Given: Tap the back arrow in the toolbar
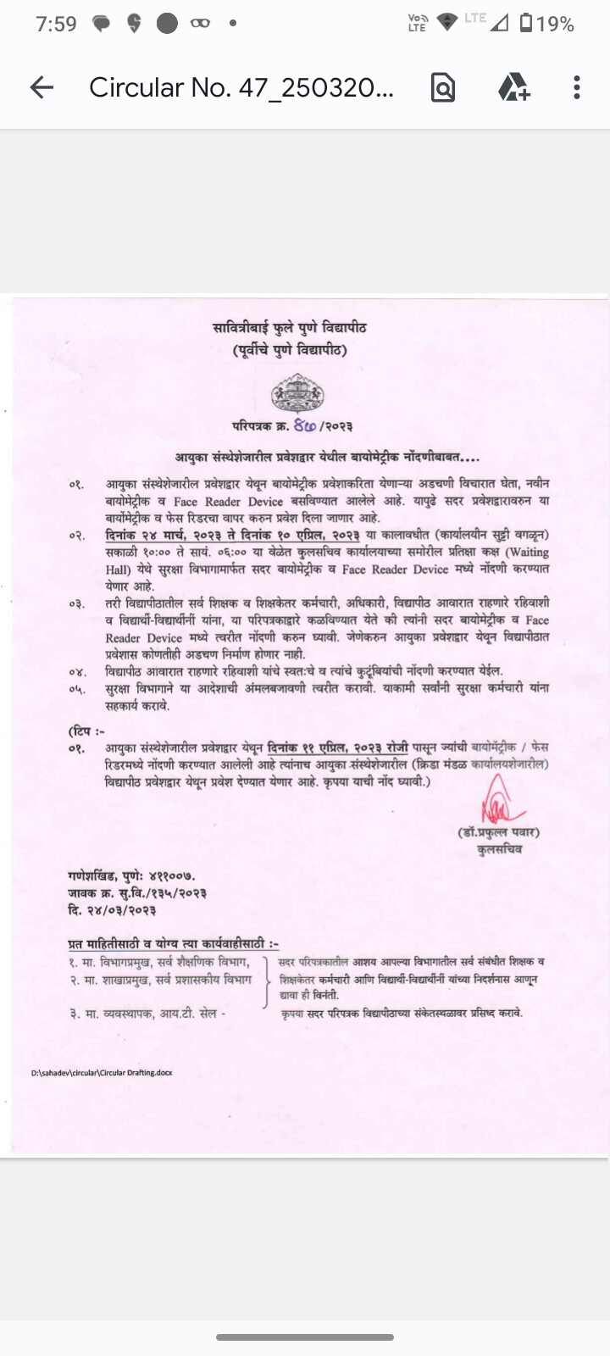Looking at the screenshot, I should (42, 87).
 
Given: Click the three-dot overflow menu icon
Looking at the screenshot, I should (576, 87).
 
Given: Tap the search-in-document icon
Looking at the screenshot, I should (443, 87).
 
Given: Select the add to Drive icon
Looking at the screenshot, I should (513, 87).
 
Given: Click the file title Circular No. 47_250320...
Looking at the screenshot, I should (241, 87).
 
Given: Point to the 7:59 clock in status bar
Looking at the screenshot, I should (56, 24).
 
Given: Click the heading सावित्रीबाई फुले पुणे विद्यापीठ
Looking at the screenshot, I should (290, 328).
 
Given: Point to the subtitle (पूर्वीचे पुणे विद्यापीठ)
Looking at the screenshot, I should (290, 350).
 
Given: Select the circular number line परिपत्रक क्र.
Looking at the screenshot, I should (292, 425).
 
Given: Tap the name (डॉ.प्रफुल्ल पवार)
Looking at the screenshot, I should (498, 832).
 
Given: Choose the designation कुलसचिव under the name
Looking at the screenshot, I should (499, 848).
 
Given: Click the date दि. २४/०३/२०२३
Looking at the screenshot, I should (112, 910).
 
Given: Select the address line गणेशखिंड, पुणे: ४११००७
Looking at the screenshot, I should (131, 875).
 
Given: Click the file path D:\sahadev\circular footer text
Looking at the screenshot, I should (102, 1073).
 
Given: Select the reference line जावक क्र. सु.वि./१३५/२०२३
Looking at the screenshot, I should (137, 893).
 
